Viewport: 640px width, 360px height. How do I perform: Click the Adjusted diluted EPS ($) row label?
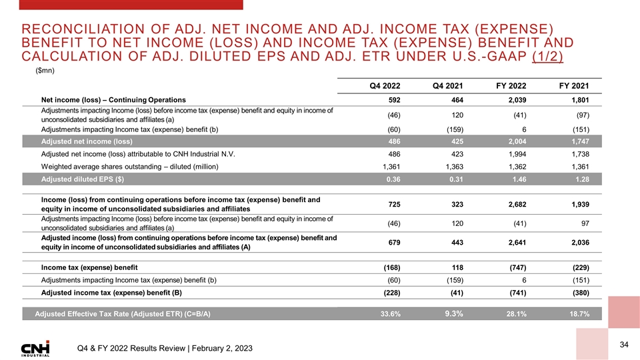point(82,180)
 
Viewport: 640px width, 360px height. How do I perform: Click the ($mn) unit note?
point(44,70)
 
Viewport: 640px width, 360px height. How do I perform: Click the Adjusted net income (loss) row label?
point(86,141)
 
